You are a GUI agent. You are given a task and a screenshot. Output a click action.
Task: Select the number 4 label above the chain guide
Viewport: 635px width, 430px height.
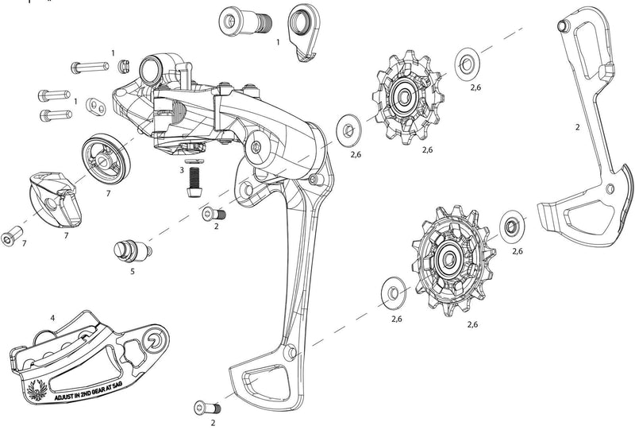(x=52, y=318)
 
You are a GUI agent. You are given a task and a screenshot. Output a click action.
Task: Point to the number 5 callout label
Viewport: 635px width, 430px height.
(x=133, y=271)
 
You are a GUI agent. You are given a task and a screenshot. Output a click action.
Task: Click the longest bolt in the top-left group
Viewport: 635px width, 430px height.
(x=90, y=67)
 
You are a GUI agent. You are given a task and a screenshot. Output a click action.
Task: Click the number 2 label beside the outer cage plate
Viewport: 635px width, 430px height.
(x=577, y=126)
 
